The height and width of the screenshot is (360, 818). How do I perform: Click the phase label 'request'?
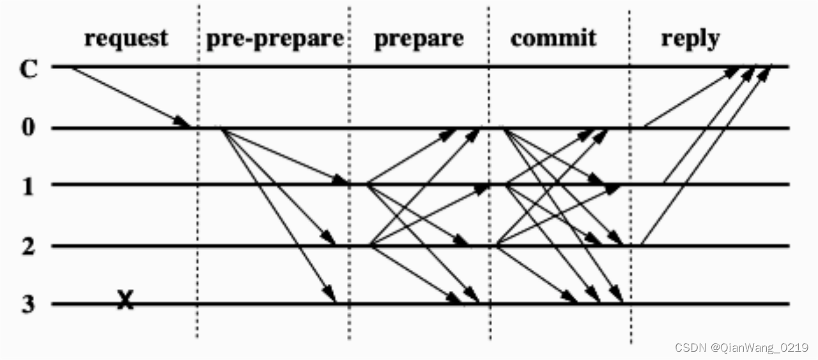[126, 38]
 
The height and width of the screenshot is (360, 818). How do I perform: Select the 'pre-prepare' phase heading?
[275, 39]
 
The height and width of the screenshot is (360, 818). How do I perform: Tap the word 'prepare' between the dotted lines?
[419, 39]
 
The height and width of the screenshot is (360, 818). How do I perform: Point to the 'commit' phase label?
[553, 38]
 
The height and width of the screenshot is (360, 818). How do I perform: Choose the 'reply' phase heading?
[690, 38]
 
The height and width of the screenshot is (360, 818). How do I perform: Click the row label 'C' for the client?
[28, 68]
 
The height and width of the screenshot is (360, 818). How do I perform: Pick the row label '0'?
[27, 128]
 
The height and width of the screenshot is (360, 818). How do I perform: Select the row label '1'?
[28, 185]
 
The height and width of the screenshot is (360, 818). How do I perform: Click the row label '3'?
[27, 304]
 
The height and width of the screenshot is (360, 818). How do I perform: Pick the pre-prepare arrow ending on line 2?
[279, 186]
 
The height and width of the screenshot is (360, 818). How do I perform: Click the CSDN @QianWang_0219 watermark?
[741, 347]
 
